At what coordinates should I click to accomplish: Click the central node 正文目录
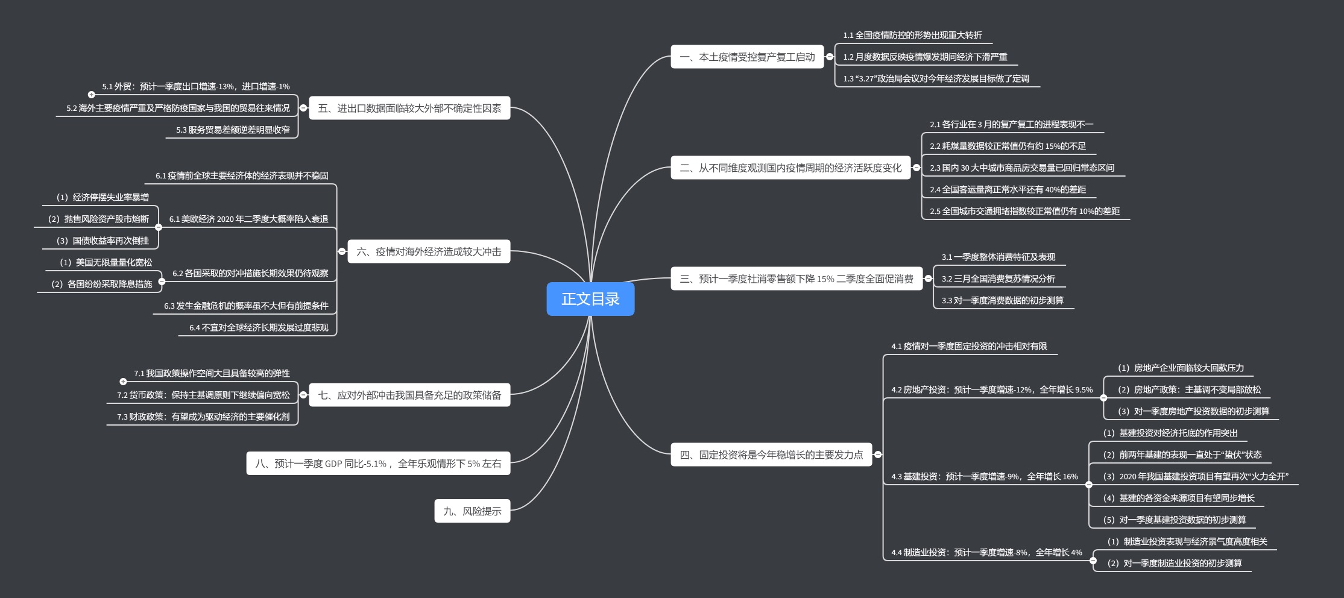pos(590,298)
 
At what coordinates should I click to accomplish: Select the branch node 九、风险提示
pos(472,511)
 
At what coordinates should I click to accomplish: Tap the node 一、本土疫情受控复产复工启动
pos(747,57)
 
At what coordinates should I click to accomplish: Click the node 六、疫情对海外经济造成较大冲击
pos(429,252)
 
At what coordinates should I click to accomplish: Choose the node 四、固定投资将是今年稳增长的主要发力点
pos(771,455)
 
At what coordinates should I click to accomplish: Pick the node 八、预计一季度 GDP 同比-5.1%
pos(378,464)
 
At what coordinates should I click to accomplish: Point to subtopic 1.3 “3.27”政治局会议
pos(936,79)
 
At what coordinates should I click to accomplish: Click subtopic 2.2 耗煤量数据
pos(1008,146)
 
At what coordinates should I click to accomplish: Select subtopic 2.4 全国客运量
pos(1008,190)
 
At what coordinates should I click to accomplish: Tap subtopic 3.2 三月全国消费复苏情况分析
pos(998,279)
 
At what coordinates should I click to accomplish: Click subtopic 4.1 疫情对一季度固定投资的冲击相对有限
pos(969,347)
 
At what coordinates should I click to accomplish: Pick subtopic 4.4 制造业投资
pos(986,553)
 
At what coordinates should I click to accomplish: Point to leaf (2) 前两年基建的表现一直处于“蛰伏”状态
pos(1182,455)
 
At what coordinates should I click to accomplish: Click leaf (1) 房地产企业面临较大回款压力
pos(1181,368)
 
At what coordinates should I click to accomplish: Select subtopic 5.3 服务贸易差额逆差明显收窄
pos(233,130)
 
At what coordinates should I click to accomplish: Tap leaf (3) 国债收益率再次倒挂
pos(103,241)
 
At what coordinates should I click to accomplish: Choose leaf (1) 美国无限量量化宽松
pos(106,263)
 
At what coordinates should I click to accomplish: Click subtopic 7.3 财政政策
pos(203,417)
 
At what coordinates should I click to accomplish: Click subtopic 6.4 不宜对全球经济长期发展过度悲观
pos(259,328)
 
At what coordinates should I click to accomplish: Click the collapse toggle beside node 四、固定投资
pos(878,455)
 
